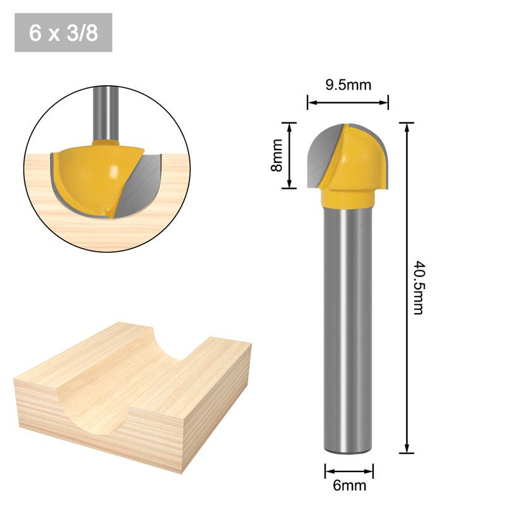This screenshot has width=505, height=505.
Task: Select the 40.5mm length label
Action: click(417, 288)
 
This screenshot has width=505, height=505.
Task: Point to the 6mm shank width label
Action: click(349, 485)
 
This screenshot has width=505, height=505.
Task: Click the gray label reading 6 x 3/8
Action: click(63, 33)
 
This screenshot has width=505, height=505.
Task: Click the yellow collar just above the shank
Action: click(348, 198)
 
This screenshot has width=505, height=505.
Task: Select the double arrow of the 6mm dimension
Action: click(349, 471)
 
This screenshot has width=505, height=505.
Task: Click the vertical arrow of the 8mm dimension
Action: click(289, 155)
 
